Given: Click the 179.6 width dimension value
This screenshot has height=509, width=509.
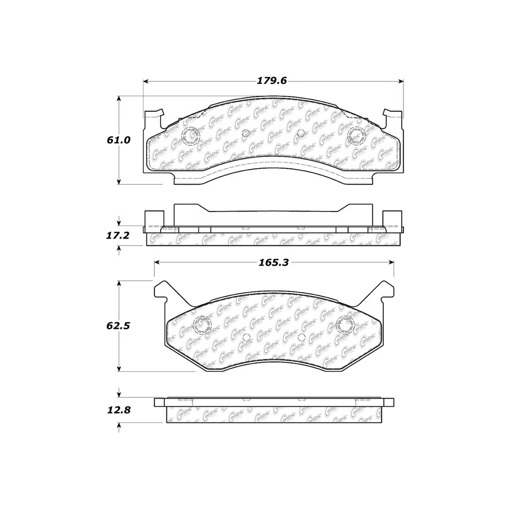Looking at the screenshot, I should (x=271, y=81).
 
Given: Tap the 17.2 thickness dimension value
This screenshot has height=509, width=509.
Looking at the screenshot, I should (x=117, y=235).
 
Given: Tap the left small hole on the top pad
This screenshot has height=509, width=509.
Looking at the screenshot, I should (x=245, y=133).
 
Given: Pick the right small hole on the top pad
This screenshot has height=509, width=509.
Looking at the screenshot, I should (x=300, y=133).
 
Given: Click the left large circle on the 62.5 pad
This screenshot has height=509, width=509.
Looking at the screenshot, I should (x=202, y=324).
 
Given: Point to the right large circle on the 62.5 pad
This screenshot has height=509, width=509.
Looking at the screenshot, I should (x=346, y=324).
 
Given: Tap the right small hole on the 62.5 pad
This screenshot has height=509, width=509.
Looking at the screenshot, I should (x=301, y=337).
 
